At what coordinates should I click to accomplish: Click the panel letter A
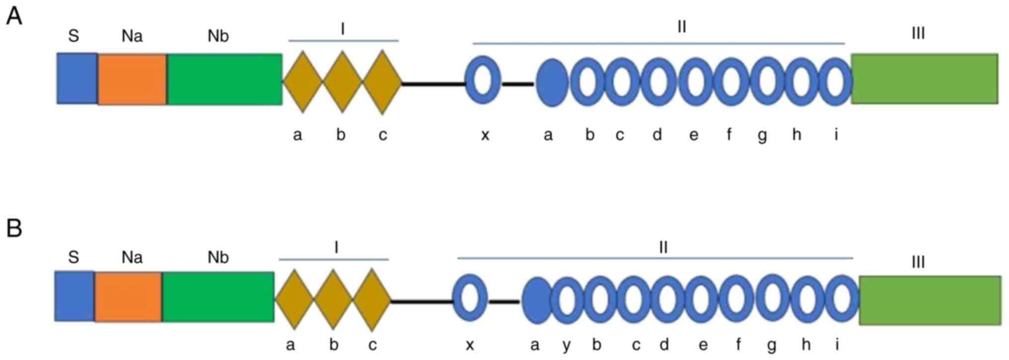[x=13, y=16]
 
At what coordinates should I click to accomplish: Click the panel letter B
[x=14, y=228]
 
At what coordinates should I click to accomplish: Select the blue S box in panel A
[x=76, y=78]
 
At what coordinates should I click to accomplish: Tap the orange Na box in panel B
[x=128, y=296]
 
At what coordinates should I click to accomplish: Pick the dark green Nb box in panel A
[x=224, y=79]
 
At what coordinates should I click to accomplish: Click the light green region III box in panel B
[x=930, y=300]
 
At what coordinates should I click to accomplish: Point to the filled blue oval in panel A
[x=552, y=83]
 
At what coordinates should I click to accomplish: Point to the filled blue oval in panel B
[x=536, y=300]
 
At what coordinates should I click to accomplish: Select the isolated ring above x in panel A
[x=483, y=80]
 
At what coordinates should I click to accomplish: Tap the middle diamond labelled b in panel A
[x=343, y=82]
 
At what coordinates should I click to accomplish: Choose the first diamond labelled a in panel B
[x=294, y=300]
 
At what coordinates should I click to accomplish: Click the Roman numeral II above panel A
[x=681, y=27]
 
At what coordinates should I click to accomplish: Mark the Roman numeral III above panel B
[x=918, y=262]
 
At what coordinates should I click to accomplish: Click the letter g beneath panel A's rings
[x=762, y=136]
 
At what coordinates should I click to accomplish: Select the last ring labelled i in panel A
[x=835, y=82]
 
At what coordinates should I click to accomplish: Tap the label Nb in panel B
[x=218, y=257]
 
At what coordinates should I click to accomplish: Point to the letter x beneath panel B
[x=470, y=345]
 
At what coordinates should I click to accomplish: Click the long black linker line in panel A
[x=433, y=84]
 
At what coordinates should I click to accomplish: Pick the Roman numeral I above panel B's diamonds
[x=336, y=247]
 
